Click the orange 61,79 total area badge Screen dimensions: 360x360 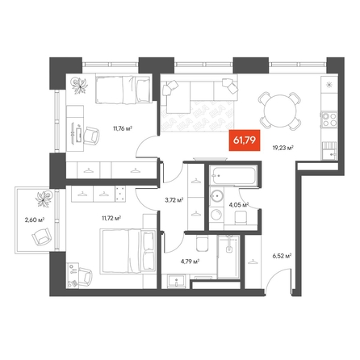[245, 140]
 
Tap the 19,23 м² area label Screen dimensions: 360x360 [283, 148]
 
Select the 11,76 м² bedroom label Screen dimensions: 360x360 [123, 128]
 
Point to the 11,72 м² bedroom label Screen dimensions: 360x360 [111, 218]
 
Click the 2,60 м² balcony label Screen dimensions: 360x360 [35, 220]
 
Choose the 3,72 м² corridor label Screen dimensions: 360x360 [174, 200]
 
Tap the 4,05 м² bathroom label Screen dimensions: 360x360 [238, 205]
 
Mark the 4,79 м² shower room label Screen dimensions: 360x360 [190, 261]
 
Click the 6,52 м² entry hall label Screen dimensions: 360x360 [283, 256]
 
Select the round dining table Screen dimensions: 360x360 [280, 111]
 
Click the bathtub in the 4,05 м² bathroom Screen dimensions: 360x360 [233, 176]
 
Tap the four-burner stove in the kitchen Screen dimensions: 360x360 [329, 119]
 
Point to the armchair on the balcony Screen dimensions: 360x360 [41, 237]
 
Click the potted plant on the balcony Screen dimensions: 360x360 [44, 199]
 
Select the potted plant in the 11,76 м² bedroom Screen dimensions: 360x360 [80, 86]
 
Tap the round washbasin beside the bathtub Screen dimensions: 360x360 [216, 195]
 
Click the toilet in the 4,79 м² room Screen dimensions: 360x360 [202, 244]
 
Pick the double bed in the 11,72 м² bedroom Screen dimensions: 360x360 [128, 251]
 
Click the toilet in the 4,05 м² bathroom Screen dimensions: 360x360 [241, 217]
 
